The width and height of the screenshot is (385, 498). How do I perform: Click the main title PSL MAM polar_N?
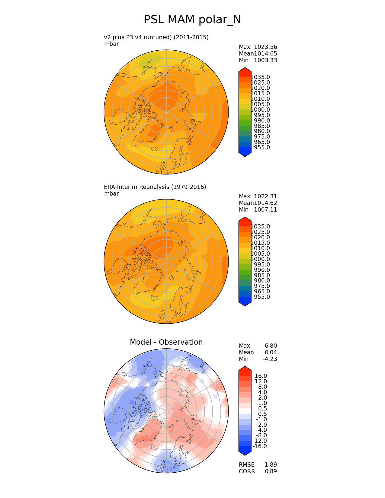[192, 20]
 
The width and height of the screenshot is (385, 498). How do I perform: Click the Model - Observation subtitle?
[166, 342]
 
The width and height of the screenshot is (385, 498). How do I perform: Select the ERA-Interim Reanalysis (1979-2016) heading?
[155, 187]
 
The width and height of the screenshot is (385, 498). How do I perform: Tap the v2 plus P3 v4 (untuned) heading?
[156, 37]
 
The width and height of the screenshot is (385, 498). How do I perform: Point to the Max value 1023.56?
[265, 47]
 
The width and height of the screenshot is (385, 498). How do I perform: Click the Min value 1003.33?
[265, 60]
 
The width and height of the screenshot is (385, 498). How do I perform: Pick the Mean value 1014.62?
[265, 203]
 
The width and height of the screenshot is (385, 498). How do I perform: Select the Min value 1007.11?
[265, 210]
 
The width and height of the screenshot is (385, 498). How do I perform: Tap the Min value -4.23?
[270, 359]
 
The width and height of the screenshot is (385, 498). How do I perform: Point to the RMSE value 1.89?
[271, 465]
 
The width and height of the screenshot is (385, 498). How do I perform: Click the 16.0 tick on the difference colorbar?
[261, 376]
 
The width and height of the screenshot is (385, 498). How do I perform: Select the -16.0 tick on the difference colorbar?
[260, 446]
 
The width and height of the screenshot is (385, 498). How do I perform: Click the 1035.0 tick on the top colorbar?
[260, 77]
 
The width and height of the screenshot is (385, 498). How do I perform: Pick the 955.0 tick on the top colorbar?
[262, 148]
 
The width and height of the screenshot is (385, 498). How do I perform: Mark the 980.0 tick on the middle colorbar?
[262, 281]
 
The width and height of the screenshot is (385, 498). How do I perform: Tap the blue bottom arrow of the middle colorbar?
[245, 302]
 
